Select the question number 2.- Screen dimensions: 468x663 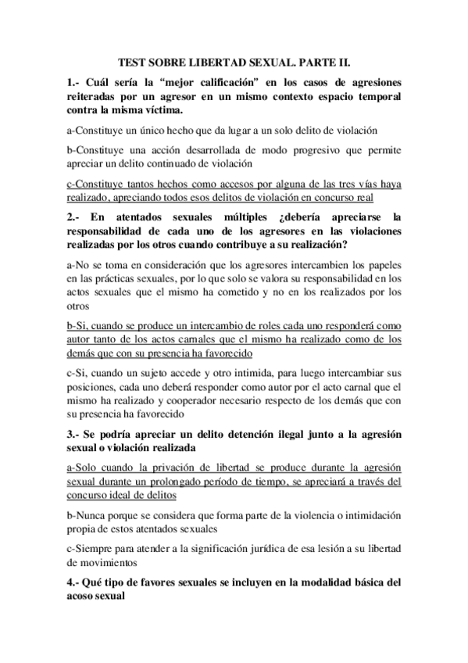(75, 217)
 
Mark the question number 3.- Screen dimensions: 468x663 (75, 435)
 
